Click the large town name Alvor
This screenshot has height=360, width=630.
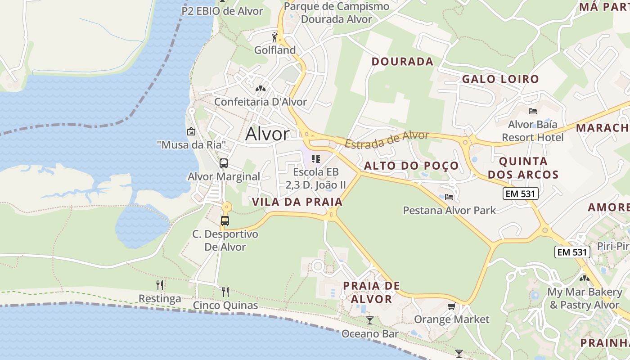(267, 134)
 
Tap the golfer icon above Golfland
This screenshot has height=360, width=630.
(274, 36)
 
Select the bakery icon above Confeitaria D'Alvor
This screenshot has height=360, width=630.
(260, 89)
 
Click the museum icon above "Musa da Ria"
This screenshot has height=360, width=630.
(191, 131)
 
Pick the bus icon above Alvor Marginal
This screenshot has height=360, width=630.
(224, 163)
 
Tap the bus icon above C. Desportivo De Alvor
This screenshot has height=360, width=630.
(225, 221)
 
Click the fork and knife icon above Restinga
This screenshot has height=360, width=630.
(160, 285)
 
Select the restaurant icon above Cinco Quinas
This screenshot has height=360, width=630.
(225, 292)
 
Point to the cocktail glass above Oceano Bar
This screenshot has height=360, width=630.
(370, 320)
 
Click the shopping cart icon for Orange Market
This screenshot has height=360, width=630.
(451, 306)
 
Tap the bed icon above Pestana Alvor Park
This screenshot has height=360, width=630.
(449, 197)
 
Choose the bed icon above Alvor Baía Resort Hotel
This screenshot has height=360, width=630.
(533, 111)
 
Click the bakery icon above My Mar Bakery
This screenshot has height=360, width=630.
(584, 279)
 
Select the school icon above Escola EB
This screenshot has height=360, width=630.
(316, 158)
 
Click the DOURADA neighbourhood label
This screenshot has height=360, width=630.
(402, 62)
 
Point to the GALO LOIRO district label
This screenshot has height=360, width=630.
(500, 79)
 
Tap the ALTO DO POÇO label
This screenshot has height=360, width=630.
(411, 166)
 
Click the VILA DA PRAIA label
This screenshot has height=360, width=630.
(297, 202)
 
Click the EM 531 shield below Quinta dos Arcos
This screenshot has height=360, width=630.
(520, 194)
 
